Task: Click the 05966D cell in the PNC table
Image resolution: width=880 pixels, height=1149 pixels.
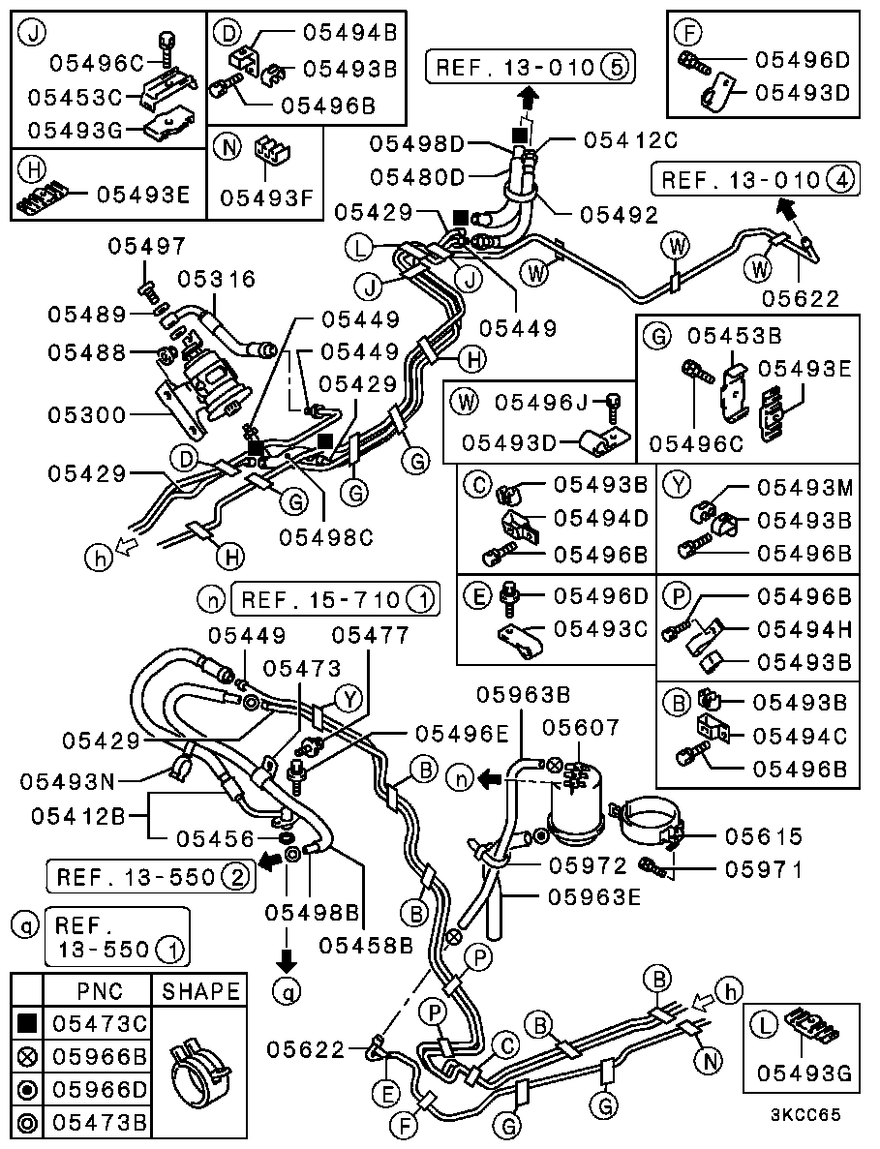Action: point(99,1089)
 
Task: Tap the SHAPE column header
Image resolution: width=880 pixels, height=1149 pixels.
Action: point(200,990)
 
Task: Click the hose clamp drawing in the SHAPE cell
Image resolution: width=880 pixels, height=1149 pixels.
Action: point(200,1070)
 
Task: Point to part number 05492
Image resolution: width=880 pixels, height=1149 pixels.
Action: point(619,214)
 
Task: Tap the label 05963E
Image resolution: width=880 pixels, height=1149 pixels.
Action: point(593,896)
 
